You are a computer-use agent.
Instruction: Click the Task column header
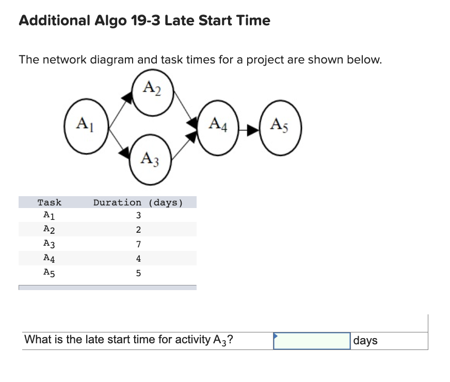(x=49, y=202)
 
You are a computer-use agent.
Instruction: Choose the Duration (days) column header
(x=138, y=202)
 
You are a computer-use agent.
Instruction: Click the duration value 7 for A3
(x=138, y=244)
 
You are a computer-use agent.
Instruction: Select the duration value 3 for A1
(x=138, y=216)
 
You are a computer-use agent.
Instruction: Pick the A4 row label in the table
(x=49, y=258)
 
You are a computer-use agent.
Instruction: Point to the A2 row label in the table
(x=49, y=230)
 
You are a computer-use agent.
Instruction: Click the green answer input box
(x=312, y=341)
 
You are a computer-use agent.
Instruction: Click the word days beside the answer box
(x=365, y=341)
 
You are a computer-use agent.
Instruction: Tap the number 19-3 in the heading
(x=146, y=21)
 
